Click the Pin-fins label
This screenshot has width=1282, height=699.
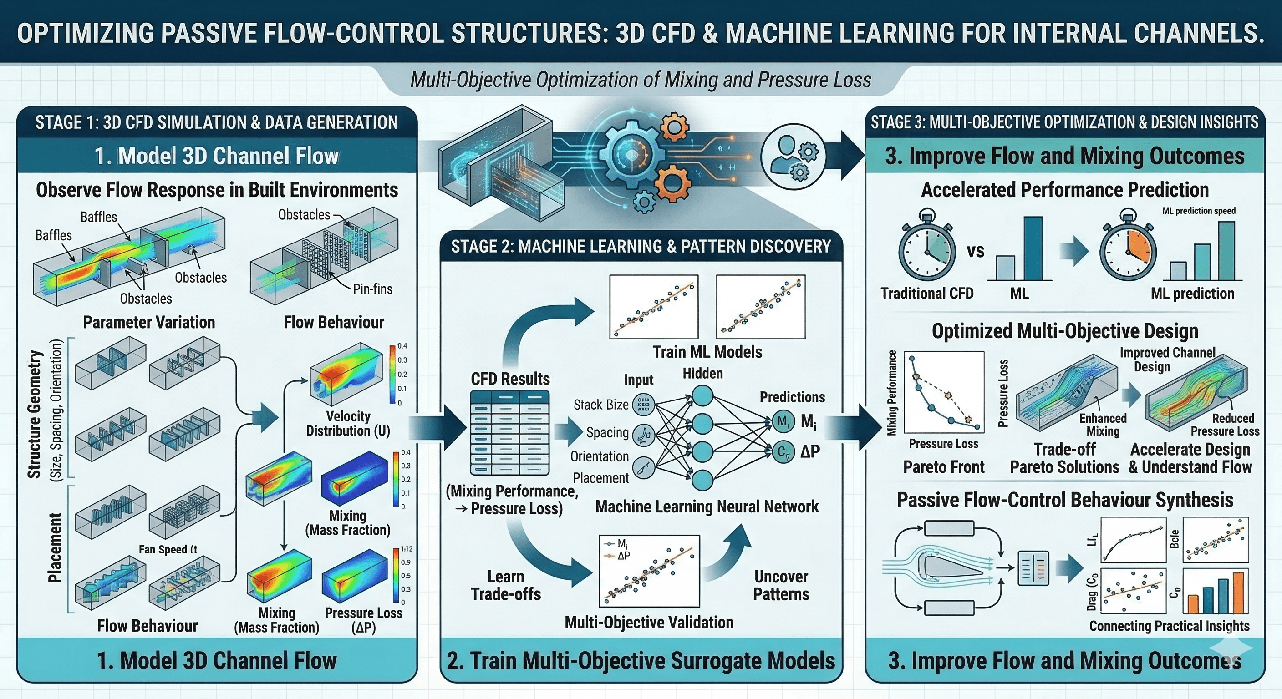pyautogui.click(x=372, y=289)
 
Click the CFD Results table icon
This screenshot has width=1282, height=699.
pyautogui.click(x=510, y=432)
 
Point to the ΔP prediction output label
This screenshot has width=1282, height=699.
pyautogui.click(x=810, y=451)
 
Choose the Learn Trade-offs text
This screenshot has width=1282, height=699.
pyautogui.click(x=506, y=585)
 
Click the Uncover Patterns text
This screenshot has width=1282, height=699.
pyautogui.click(x=781, y=585)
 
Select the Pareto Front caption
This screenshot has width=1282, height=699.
pyautogui.click(x=944, y=467)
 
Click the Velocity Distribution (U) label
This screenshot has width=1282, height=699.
pyautogui.click(x=348, y=423)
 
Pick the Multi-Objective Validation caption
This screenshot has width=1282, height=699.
pyautogui.click(x=648, y=623)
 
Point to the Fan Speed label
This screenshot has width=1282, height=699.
pyautogui.click(x=168, y=549)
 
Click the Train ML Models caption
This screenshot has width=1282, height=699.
pyautogui.click(x=707, y=352)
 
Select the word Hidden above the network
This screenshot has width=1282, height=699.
pyautogui.click(x=702, y=374)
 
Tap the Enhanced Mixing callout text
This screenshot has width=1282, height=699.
pyautogui.click(x=1103, y=425)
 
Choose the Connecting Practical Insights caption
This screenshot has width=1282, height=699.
pyautogui.click(x=1169, y=626)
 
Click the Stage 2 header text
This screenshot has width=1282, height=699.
pyautogui.click(x=641, y=247)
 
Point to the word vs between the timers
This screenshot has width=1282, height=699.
pyautogui.click(x=976, y=251)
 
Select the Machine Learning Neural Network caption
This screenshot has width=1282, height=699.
pyautogui.click(x=707, y=507)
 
